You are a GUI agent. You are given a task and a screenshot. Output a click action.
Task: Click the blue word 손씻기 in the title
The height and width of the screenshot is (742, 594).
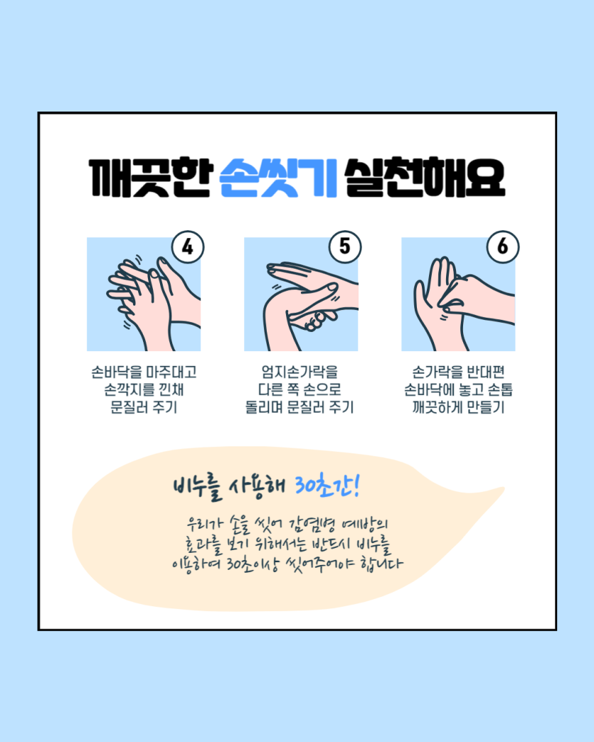click(279, 178)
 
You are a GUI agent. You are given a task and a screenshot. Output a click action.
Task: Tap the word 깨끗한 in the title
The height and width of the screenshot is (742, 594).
click(151, 178)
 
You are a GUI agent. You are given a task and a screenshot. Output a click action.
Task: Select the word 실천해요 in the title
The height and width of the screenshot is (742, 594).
click(425, 178)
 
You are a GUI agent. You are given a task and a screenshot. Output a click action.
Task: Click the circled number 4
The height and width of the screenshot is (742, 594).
click(188, 247)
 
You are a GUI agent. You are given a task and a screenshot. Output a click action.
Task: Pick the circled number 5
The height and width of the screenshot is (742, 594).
click(345, 247)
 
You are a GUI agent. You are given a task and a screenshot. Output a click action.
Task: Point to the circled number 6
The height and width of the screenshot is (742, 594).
click(502, 247)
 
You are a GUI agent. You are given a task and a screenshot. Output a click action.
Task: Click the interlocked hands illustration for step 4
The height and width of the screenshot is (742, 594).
click(144, 294)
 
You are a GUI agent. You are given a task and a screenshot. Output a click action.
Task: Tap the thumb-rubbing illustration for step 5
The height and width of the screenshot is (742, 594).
click(301, 294)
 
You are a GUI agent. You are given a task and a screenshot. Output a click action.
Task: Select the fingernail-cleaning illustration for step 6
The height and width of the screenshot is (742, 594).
click(459, 294)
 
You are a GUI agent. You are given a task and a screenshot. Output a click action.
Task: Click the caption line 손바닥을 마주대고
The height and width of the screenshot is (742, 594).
click(144, 372)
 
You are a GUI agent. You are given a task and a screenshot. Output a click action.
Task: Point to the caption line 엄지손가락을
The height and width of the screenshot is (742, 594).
click(299, 372)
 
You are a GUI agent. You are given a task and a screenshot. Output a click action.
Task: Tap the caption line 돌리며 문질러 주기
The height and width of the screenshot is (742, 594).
click(299, 407)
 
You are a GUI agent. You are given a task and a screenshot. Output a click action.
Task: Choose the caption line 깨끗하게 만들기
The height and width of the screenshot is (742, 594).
click(459, 407)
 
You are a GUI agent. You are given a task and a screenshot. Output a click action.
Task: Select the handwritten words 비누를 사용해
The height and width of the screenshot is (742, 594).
click(229, 487)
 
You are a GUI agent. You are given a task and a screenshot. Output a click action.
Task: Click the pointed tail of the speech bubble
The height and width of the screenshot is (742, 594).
click(504, 488)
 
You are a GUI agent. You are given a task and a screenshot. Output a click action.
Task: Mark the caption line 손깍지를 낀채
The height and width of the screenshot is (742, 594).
click(144, 389)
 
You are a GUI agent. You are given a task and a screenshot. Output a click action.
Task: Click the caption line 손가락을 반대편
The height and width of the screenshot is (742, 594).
click(459, 372)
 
